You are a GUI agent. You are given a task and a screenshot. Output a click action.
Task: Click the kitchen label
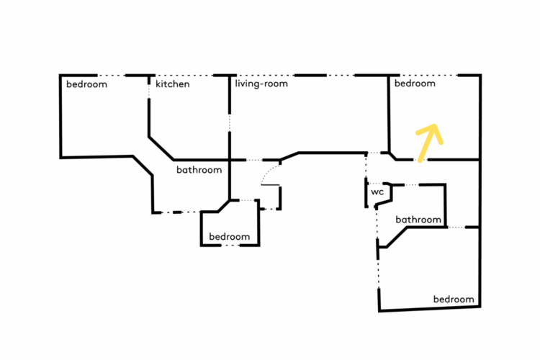173,84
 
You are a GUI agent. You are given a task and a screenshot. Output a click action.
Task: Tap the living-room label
261,84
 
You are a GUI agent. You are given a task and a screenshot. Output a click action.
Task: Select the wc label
377,193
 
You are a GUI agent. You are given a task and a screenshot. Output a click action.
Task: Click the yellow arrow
427,143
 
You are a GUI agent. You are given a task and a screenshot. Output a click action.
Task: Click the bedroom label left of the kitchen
86,84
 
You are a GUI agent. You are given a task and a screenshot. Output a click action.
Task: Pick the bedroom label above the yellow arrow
415,84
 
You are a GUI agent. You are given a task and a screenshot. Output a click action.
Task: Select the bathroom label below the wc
418,220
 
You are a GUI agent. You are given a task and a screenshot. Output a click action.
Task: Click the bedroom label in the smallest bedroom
229,237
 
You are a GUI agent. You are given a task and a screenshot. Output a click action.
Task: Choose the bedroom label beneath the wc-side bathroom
454,300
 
